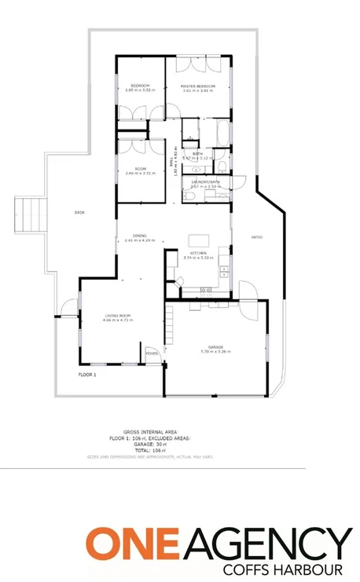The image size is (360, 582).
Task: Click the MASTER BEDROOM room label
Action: (x=197, y=86)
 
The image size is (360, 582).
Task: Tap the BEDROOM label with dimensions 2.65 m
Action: (x=140, y=85)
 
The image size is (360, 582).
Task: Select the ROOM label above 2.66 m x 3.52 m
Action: (x=140, y=168)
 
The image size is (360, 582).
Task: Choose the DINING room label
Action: (x=140, y=235)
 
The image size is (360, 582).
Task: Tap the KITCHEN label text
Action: (x=197, y=253)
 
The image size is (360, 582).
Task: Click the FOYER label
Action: (x=152, y=353)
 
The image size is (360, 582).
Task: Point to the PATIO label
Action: (x=256, y=236)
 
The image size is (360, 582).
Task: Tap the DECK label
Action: (x=79, y=212)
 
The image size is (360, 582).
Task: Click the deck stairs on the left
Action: (x=28, y=214)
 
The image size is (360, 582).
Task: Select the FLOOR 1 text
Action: (x=87, y=375)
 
